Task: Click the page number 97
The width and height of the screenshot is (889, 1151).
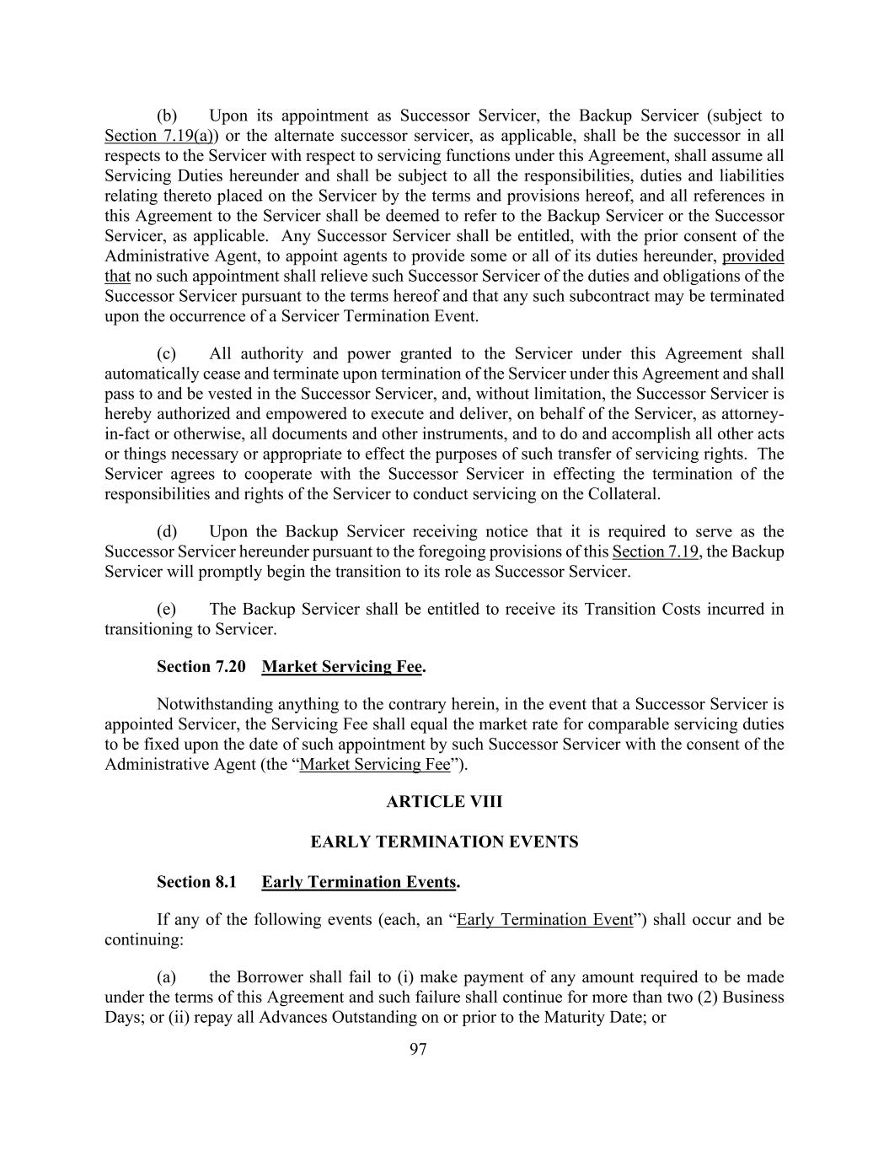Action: point(418,1049)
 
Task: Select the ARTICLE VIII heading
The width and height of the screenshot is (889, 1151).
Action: point(444,801)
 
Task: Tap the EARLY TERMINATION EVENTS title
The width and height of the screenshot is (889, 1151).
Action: point(444,842)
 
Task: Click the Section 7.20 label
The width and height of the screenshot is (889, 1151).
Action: point(201,666)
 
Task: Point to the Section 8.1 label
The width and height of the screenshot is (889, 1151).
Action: point(196,882)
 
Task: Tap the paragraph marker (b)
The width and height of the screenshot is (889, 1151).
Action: point(167,116)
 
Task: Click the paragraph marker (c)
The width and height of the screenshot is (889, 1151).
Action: point(167,353)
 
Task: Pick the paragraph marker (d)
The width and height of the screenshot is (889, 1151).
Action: point(167,531)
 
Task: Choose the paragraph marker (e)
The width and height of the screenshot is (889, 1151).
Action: point(167,609)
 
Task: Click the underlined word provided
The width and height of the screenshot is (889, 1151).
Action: point(752,255)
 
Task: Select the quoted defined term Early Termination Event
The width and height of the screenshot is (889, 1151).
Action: point(544,919)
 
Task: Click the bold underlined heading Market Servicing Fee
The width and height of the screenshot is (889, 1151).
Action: point(341,666)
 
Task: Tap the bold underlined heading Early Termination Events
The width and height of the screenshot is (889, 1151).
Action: point(358,882)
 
